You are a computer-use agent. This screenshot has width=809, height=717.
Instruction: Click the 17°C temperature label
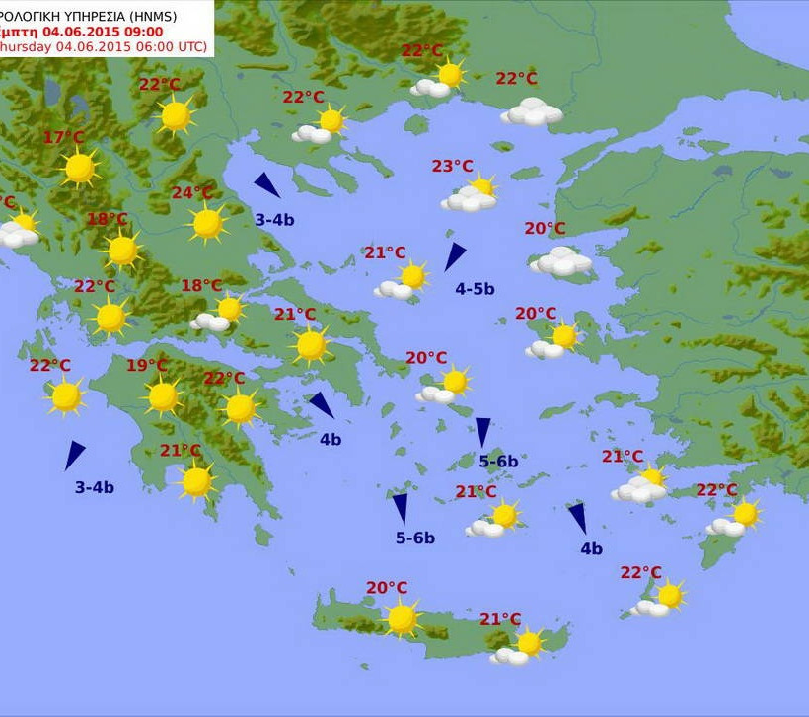(63, 137)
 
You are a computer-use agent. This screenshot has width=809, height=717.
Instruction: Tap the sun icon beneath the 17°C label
(79, 169)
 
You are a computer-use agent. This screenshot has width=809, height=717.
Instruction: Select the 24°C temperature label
(191, 192)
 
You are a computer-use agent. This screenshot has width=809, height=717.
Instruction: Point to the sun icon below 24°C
(207, 224)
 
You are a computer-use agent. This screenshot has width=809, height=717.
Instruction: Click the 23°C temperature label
(452, 166)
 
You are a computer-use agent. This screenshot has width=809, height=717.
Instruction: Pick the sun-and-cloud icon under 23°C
(471, 196)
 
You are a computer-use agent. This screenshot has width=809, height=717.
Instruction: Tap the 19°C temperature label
(146, 366)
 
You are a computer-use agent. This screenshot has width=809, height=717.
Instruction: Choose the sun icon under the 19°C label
(163, 397)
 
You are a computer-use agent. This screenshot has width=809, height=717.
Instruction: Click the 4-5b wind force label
(475, 289)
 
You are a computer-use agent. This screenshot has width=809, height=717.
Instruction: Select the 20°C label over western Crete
(386, 588)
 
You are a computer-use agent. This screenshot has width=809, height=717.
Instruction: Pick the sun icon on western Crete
(402, 619)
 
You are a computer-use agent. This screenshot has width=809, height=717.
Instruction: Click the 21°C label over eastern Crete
(500, 619)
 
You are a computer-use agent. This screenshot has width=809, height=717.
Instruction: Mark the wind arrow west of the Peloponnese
(74, 455)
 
